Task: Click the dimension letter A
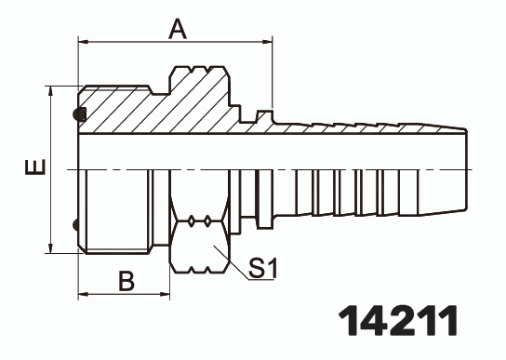coord(178,30)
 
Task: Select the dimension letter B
coord(126,280)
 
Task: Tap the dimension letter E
coord(34,168)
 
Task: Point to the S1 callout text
coord(264,270)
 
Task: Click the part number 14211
coord(397,319)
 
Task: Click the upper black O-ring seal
coord(79,115)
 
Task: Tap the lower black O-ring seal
coord(79,223)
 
